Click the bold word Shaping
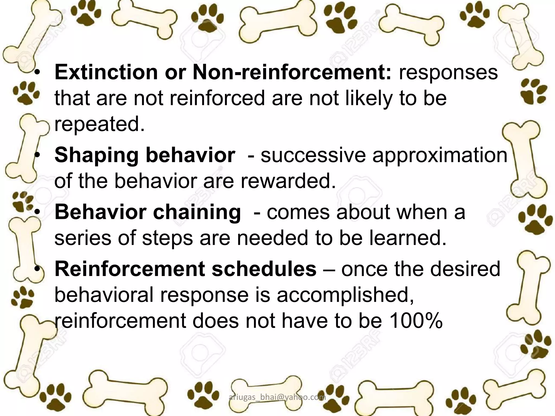96,156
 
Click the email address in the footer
277,397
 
